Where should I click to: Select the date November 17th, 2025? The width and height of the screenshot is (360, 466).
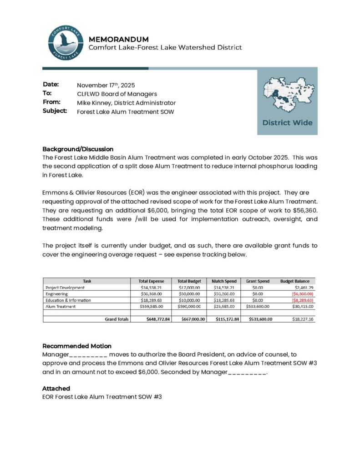(x=106, y=85)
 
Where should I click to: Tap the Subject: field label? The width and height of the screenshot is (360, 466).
(x=55, y=111)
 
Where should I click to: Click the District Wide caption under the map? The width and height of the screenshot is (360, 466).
(x=287, y=122)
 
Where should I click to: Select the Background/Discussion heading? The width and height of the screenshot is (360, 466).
(x=78, y=149)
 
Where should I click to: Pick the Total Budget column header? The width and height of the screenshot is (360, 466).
(x=189, y=281)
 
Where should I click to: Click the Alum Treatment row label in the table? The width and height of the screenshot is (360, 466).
(x=61, y=307)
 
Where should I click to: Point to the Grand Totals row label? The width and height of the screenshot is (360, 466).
(x=117, y=319)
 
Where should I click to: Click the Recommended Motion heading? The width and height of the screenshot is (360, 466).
(x=77, y=346)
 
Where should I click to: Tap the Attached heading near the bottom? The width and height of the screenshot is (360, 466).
(x=56, y=388)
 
